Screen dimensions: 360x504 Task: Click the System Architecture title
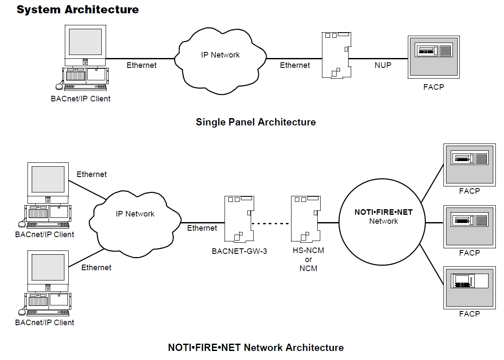(78, 9)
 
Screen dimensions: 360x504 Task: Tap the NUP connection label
(383, 65)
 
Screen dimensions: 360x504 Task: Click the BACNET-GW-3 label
(239, 251)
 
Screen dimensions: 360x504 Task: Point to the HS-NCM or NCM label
(308, 259)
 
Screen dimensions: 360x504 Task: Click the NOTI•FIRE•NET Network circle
(383, 223)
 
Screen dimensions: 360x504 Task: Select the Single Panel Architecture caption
(255, 122)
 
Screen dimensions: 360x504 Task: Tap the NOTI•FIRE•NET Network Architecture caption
(255, 348)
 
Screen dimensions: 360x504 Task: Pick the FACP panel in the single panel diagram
(434, 58)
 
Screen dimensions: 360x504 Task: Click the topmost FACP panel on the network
(469, 165)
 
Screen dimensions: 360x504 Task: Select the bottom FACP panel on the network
(469, 287)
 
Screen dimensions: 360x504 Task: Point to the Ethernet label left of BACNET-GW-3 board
(202, 228)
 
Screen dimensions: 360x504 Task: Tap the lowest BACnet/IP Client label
(45, 322)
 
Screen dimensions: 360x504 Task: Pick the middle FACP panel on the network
(469, 226)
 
